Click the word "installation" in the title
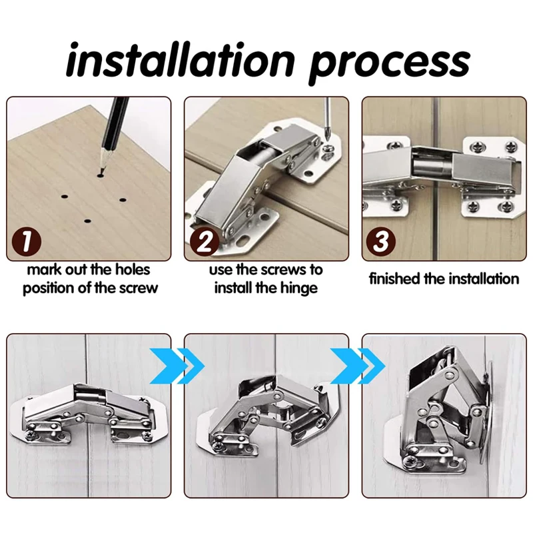tap(181, 60)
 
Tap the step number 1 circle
tap(27, 242)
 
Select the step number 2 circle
tap(205, 242)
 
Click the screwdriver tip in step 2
tap(328, 139)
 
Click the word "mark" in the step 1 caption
tap(44, 270)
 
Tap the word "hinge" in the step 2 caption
tap(298, 288)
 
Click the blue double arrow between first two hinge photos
tap(177, 366)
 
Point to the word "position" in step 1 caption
tap(49, 288)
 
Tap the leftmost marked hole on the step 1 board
tap(64, 197)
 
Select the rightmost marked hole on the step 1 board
tap(123, 200)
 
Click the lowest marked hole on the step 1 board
tap(88, 221)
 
